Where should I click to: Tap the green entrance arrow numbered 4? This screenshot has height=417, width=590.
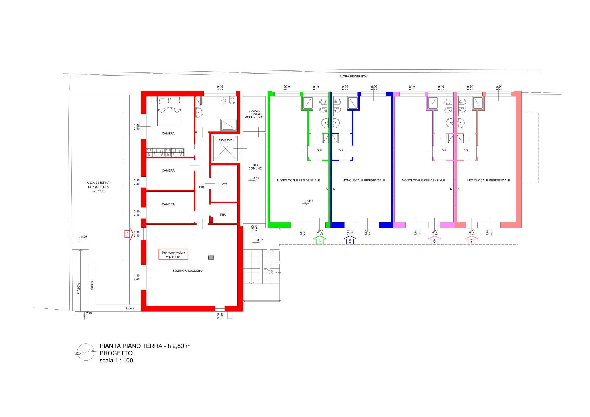coord(319,240)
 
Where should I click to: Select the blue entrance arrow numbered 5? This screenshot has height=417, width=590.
coord(350,240)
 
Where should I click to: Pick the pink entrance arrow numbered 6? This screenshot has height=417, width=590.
coord(434,240)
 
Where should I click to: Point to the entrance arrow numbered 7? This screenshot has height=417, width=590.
coord(472,240)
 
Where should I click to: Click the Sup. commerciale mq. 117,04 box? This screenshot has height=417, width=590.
coord(173,254)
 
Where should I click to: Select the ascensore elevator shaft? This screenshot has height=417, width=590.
coord(225,148)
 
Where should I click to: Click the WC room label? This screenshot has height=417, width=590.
coord(224,184)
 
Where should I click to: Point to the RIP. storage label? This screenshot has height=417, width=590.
coord(223,215)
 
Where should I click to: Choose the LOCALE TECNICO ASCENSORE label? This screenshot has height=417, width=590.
coord(254,114)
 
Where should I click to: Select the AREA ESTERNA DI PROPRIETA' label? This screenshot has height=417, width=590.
coord(98,187)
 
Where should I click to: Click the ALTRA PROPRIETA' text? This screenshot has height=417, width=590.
coord(353,77)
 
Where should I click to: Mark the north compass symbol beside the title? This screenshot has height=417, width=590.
coord(85,352)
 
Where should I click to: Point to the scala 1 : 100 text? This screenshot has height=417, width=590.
coord(116,360)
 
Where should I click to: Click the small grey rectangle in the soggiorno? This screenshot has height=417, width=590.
coord(211,258)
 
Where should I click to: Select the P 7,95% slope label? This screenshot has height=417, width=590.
coord(78,289)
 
